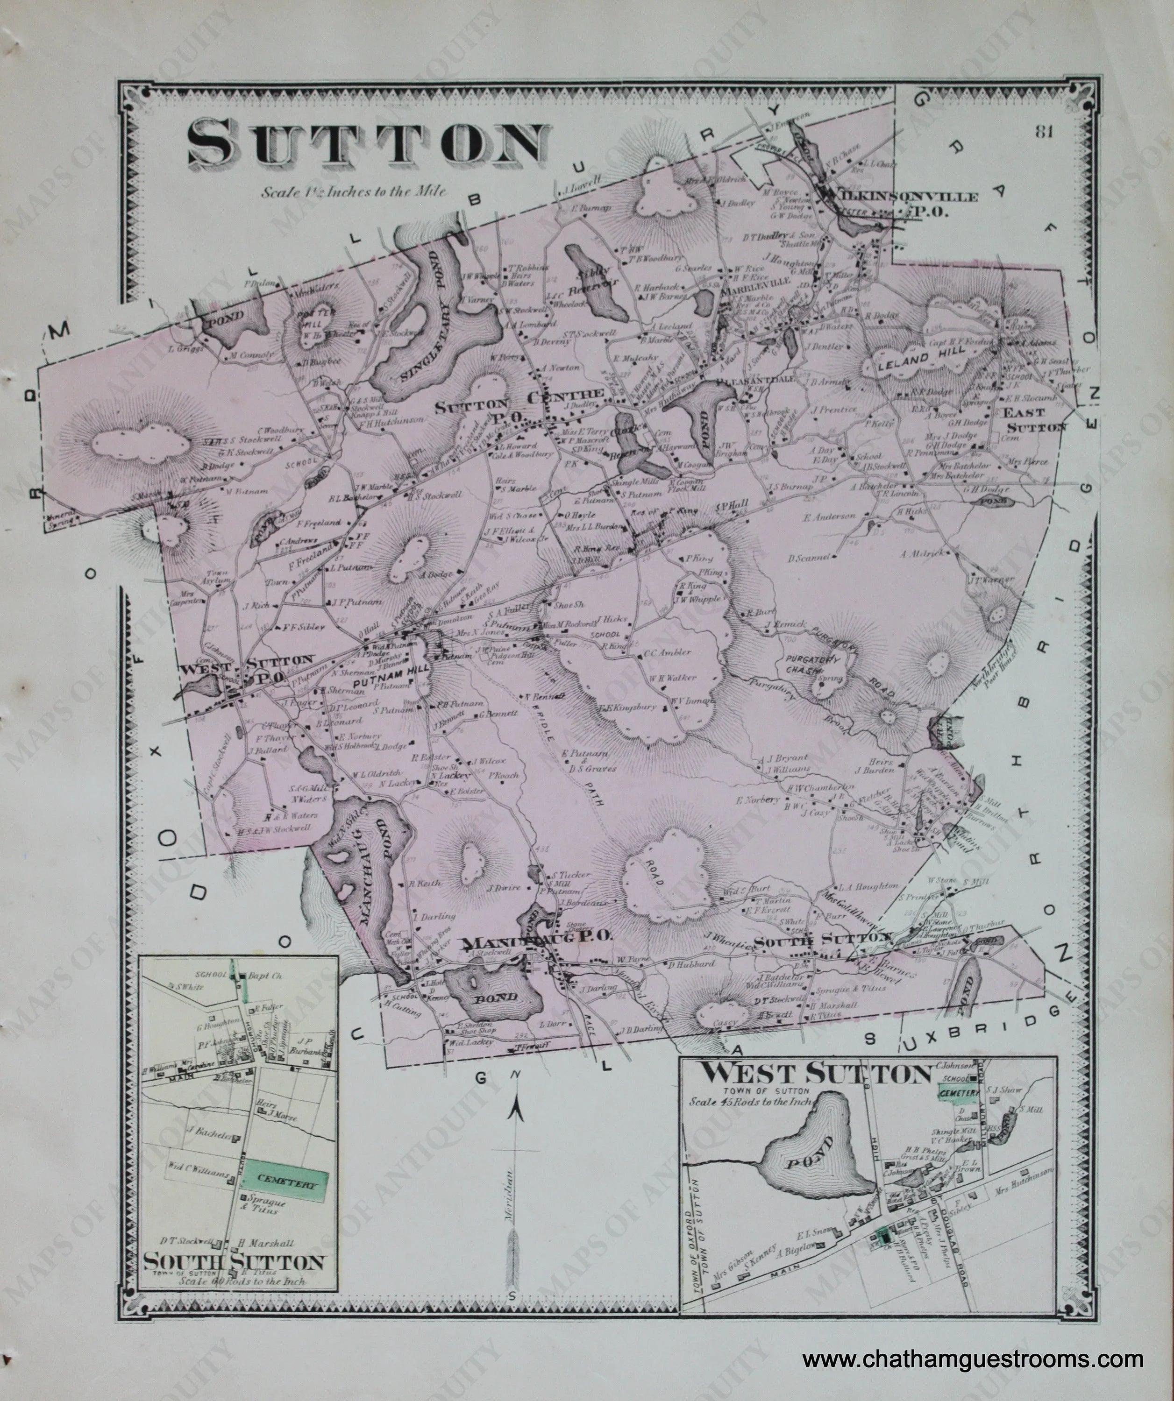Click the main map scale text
pos(354,191)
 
